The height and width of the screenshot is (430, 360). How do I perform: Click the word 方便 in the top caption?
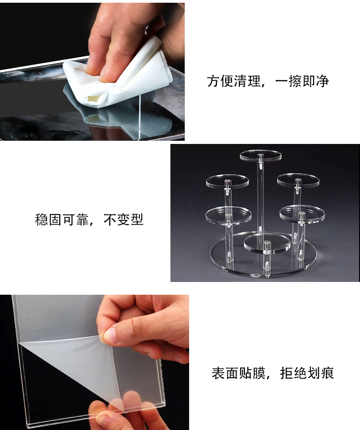[220, 82]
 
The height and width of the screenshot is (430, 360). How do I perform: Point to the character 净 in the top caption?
[322, 82]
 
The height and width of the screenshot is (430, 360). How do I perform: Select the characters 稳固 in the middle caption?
[48, 220]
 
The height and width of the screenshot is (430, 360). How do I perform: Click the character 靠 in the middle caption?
[82, 220]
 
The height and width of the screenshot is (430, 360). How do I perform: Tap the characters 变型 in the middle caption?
[130, 220]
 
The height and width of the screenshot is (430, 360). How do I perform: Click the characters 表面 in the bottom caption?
[225, 373]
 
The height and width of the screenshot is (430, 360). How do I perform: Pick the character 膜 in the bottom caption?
[259, 373]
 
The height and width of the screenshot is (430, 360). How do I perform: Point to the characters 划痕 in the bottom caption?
[320, 373]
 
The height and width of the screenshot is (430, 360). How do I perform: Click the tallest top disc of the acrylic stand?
[260, 156]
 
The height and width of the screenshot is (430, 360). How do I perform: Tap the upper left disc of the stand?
[227, 181]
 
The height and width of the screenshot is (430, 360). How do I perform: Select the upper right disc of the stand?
[298, 180]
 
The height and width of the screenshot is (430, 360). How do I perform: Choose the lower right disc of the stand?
[302, 213]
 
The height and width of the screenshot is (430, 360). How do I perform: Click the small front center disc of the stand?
[267, 242]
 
